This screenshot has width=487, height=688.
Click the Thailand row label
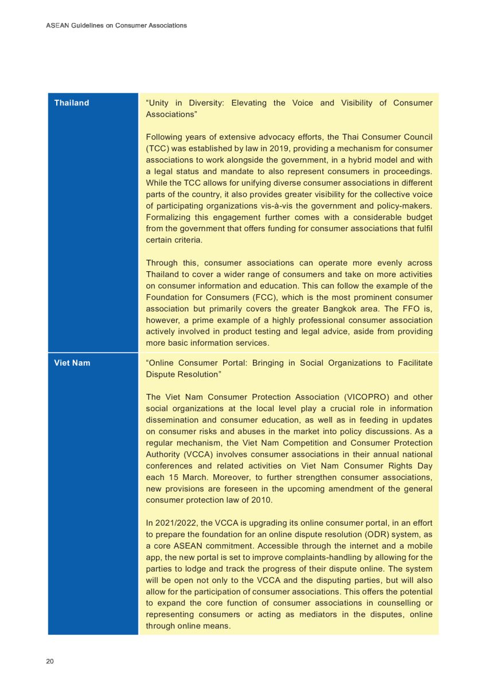[x=72, y=103]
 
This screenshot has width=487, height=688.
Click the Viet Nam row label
[x=72, y=363]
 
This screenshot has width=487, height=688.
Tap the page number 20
[x=50, y=661]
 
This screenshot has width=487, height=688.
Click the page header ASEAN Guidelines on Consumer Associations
[x=116, y=25]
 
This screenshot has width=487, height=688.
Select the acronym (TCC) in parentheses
[x=158, y=149]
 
